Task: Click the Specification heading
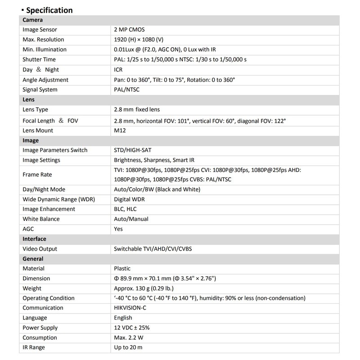[49, 10]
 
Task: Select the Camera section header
[33, 20]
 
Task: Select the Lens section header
[29, 100]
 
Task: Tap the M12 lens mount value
[120, 130]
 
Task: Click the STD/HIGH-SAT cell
[135, 150]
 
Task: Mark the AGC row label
[29, 229]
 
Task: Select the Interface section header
[34, 239]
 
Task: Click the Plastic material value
[124, 269]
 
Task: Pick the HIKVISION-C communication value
[133, 308]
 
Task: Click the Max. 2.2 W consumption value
[130, 337]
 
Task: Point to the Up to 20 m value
[129, 347]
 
